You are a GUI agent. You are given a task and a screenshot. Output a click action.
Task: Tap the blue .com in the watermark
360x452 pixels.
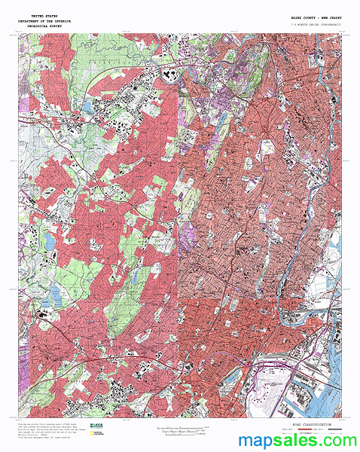pyautogui.click(x=336, y=439)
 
